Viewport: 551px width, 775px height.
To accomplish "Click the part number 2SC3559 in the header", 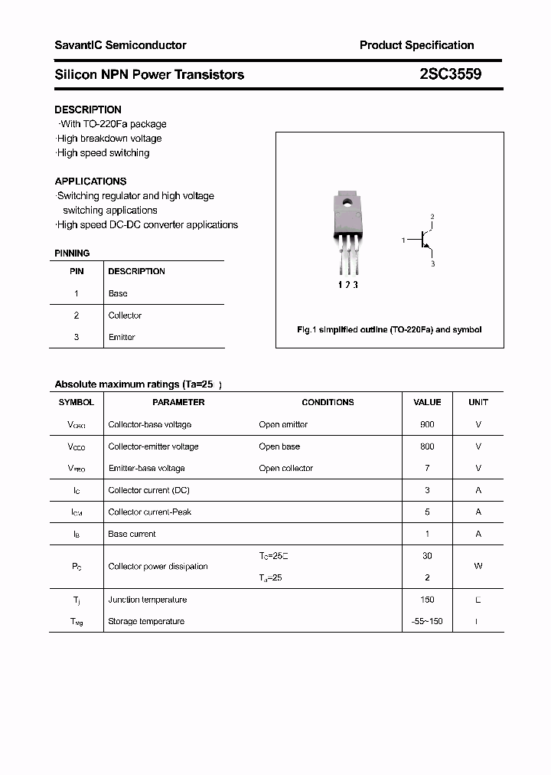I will [x=450, y=74].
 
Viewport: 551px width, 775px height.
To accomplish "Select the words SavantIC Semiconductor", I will [x=120, y=45].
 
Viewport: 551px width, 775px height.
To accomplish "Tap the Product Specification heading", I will [x=416, y=45].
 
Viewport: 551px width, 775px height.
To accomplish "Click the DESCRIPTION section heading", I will [x=88, y=110].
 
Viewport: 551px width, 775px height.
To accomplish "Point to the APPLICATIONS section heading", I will [x=90, y=181].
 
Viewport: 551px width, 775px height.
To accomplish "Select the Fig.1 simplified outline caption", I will [x=389, y=329].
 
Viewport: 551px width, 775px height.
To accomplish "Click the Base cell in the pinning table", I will [x=118, y=293].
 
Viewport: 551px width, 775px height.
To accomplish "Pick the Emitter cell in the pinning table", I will [x=122, y=337].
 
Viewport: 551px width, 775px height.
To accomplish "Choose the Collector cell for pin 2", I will [x=125, y=316].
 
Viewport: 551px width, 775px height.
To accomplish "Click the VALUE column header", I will [x=427, y=402].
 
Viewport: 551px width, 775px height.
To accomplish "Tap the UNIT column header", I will [x=478, y=402].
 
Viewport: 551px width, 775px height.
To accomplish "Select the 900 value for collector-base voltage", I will [x=427, y=424].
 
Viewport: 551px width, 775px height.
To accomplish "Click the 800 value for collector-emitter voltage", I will [x=427, y=446].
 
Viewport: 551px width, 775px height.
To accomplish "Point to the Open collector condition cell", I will [x=285, y=468].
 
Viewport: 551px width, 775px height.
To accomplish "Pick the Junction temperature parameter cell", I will [x=147, y=600].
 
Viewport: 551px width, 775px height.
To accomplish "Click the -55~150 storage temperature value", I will [x=427, y=621].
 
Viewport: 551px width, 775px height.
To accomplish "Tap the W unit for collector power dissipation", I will [x=478, y=566].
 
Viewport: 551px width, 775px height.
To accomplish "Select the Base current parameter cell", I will [x=132, y=534].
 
